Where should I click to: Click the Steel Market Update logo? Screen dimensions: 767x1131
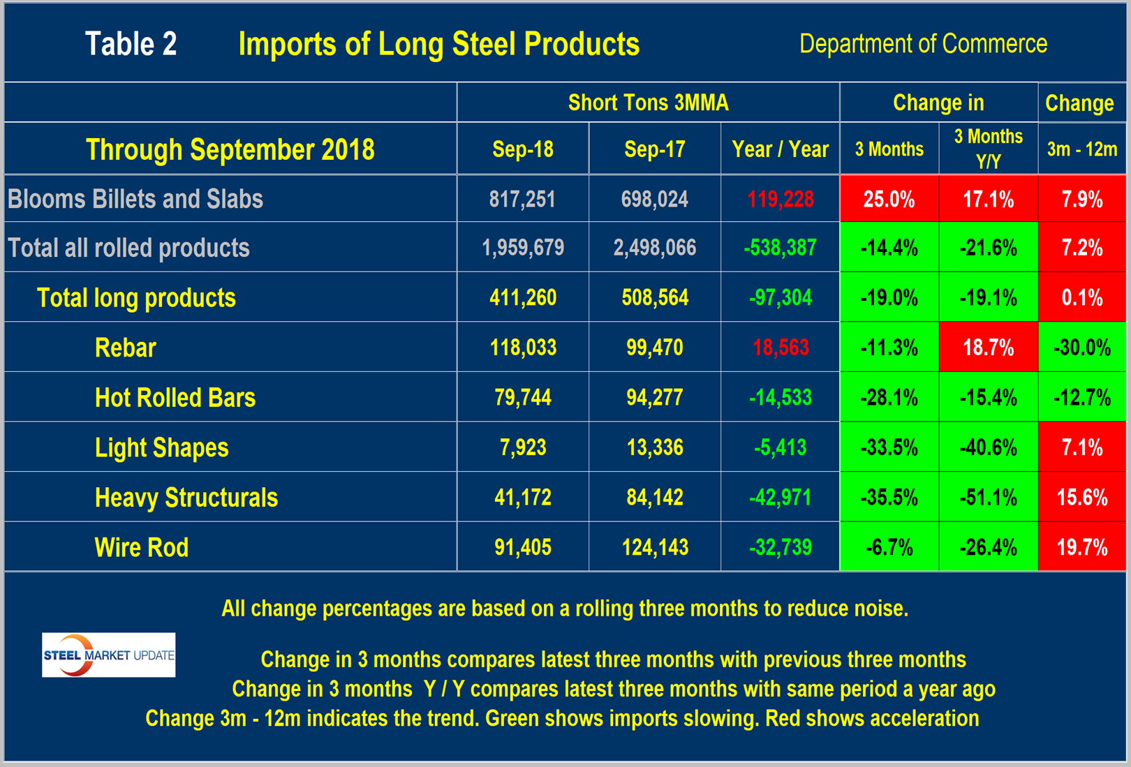pos(108,655)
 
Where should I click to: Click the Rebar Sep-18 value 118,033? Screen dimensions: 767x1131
pos(523,348)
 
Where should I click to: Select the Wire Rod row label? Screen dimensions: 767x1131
pos(142,547)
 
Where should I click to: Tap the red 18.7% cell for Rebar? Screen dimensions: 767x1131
pos(988,348)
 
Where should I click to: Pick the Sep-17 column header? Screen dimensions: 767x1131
pos(654,149)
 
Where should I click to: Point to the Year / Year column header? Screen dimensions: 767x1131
pos(780,149)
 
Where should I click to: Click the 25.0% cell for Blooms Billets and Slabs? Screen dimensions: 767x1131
pos(889,200)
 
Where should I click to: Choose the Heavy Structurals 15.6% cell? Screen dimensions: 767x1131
pos(1081,498)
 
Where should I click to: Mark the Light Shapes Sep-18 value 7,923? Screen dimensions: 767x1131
pos(523,447)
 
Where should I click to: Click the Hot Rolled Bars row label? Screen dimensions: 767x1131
pos(175,398)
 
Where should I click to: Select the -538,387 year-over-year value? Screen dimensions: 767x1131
pos(780,248)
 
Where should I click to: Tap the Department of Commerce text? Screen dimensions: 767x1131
pos(923,44)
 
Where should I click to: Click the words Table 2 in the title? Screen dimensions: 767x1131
pos(131,44)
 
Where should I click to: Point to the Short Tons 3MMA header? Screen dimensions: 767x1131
pos(648,103)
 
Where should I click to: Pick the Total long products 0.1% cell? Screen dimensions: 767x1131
pos(1081,298)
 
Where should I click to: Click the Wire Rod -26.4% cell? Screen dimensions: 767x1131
pos(988,547)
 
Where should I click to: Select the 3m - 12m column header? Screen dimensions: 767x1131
pos(1081,149)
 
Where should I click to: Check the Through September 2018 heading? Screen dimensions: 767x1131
pos(230,149)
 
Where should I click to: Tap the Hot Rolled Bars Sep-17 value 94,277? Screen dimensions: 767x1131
pos(654,398)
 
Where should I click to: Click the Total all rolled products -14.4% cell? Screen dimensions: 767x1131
pos(889,248)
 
